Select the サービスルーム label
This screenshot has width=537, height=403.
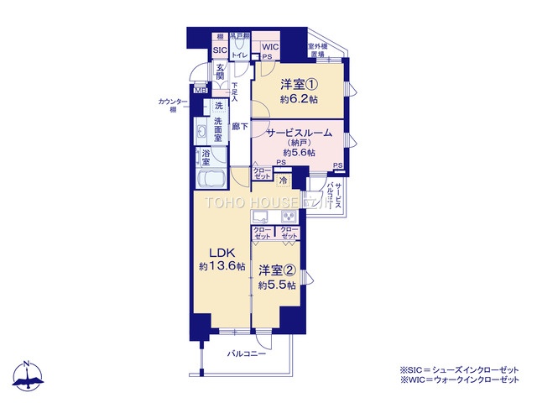click(x=300, y=133)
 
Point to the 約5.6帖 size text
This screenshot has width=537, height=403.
click(x=299, y=153)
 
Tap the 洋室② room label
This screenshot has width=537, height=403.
click(x=277, y=270)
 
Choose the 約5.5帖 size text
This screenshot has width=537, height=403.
click(x=277, y=285)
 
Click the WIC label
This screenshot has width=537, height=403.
click(x=269, y=47)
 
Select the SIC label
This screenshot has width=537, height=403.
click(x=219, y=50)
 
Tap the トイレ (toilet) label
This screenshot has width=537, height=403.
click(x=239, y=54)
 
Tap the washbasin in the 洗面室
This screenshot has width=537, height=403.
click(x=202, y=133)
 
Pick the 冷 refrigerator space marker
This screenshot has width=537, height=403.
click(x=283, y=180)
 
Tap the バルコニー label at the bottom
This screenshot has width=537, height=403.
click(x=246, y=354)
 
